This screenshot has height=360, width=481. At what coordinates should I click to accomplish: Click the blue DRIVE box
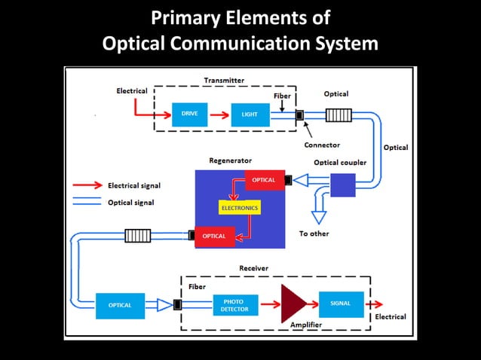(x=189, y=114)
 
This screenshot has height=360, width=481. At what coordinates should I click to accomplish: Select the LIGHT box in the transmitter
(x=250, y=114)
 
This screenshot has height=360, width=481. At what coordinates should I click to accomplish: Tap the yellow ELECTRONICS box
(x=239, y=207)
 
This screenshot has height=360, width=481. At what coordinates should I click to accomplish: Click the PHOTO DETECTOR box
(x=234, y=305)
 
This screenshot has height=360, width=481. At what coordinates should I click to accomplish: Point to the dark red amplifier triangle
(x=293, y=304)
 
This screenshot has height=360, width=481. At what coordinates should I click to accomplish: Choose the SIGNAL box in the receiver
(x=341, y=304)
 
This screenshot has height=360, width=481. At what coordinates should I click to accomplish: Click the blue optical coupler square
(x=342, y=185)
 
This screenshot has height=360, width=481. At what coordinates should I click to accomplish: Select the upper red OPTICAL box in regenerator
(x=265, y=180)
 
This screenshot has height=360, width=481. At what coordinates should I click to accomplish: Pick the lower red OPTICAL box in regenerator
(x=215, y=236)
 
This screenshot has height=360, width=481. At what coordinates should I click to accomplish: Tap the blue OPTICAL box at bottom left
(x=121, y=305)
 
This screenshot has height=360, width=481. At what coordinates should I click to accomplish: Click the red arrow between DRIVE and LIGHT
(x=219, y=115)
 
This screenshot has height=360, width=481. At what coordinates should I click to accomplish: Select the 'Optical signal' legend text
(x=133, y=203)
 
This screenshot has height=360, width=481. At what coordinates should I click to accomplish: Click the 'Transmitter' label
(x=224, y=80)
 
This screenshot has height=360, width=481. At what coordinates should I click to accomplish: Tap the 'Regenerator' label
(x=230, y=160)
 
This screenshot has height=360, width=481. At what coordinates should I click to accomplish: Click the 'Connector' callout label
(x=322, y=145)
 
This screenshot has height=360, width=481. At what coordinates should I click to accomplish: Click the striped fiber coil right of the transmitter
(x=338, y=115)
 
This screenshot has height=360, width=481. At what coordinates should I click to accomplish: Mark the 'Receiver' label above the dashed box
(x=253, y=268)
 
